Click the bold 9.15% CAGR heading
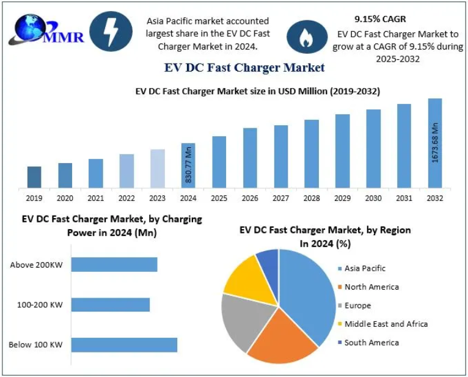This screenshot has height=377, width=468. tap(380, 20)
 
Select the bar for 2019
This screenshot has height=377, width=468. tap(34, 177)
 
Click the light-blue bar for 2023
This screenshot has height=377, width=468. tap(157, 168)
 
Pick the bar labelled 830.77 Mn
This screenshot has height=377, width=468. tap(188, 165)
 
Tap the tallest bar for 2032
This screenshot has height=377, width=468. tap(434, 143)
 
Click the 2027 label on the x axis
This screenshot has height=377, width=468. tap(280, 198)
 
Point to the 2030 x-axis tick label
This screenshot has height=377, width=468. tap(373, 198)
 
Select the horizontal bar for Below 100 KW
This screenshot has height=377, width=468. tap(124, 345)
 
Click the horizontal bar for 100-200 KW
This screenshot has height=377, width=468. tap(111, 304)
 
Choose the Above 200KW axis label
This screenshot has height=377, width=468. tap(36, 265)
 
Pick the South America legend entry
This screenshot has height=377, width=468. tap(370, 342)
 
